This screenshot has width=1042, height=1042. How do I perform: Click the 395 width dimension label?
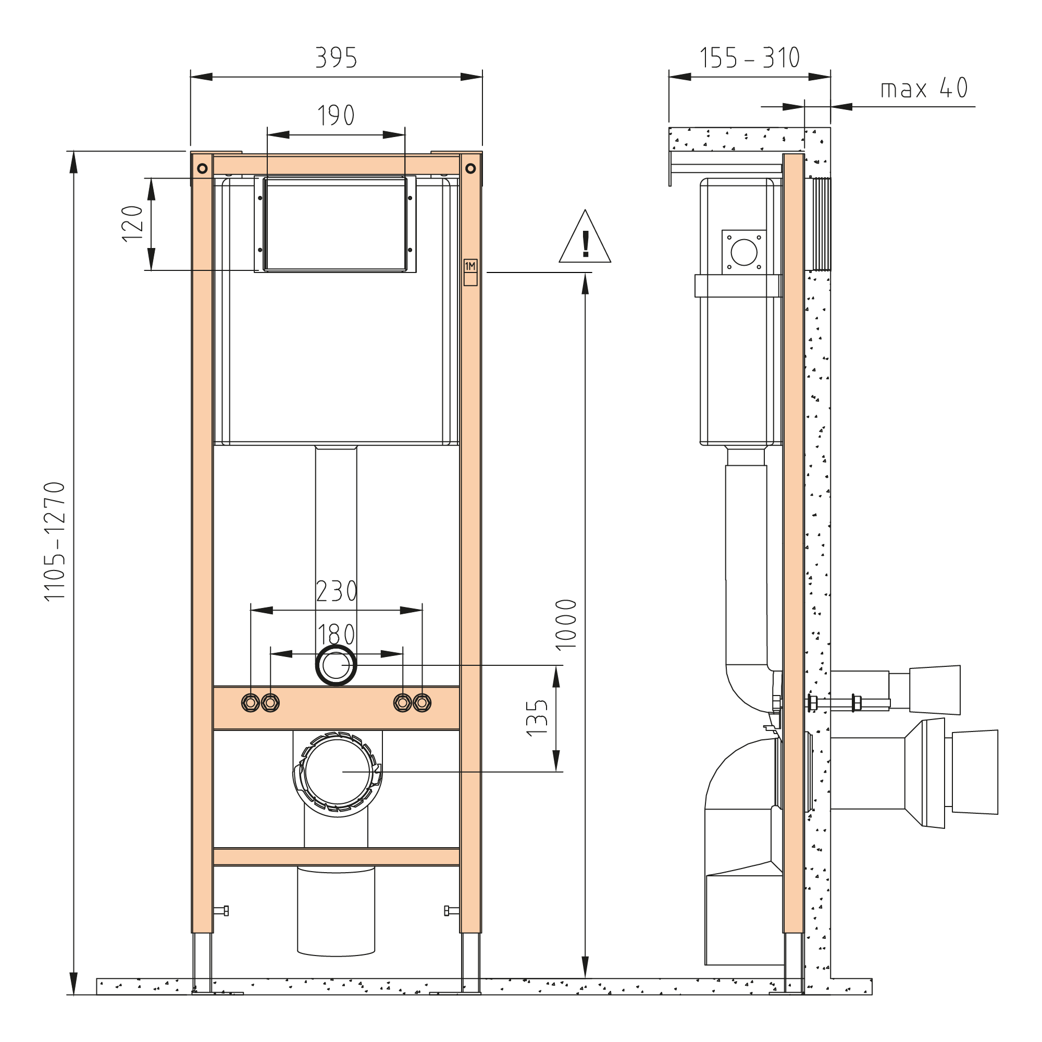click(x=336, y=58)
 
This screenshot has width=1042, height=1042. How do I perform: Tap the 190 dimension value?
click(x=336, y=115)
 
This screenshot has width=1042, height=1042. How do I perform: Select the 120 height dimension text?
click(x=132, y=224)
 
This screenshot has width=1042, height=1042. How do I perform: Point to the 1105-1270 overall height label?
click(x=55, y=541)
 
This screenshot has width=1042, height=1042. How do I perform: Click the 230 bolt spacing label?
click(x=337, y=591)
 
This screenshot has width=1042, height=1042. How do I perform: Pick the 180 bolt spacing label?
click(x=336, y=634)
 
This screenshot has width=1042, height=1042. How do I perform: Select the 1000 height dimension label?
click(x=566, y=625)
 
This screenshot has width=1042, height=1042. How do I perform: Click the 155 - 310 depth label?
click(x=750, y=58)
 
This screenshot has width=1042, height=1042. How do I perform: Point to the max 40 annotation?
click(x=924, y=88)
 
